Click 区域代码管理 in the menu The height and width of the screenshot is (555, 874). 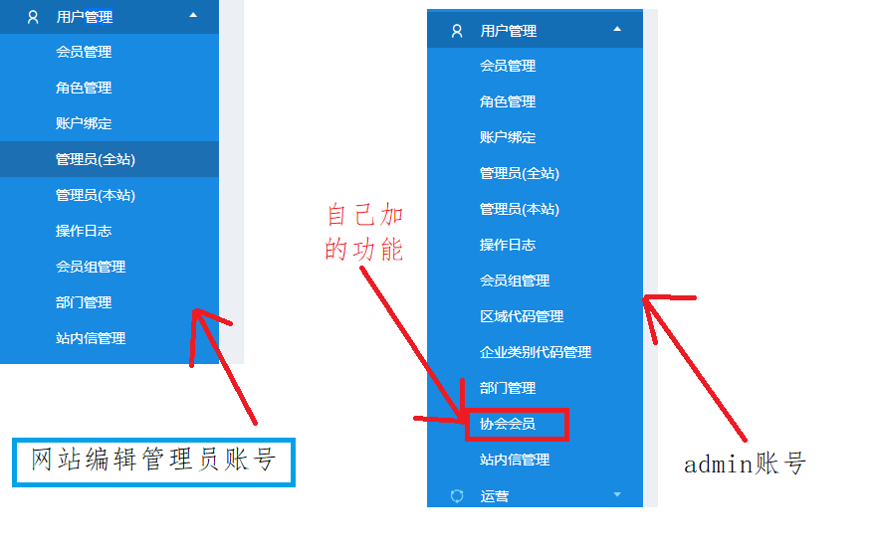pyautogui.click(x=522, y=316)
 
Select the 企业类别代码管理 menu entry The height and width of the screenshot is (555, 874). pyautogui.click(x=536, y=352)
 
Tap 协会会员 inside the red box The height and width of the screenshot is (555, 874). pyautogui.click(x=508, y=424)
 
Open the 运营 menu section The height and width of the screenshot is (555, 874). pyautogui.click(x=495, y=495)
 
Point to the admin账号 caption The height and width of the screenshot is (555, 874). pyautogui.click(x=744, y=463)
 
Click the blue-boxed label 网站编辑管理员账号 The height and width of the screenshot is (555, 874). pyautogui.click(x=153, y=461)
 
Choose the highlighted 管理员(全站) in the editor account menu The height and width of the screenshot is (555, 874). pyautogui.click(x=96, y=159)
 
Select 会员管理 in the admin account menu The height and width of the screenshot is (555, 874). pyautogui.click(x=508, y=66)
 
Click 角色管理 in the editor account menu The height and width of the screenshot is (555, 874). pyautogui.click(x=84, y=88)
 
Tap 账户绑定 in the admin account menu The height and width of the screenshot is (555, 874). pyautogui.click(x=508, y=137)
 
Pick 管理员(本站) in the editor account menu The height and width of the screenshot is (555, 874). pyautogui.click(x=96, y=195)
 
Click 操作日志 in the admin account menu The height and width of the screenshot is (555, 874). pyautogui.click(x=508, y=245)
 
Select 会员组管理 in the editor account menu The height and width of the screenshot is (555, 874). pyautogui.click(x=91, y=267)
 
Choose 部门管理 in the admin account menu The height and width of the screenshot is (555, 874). pyautogui.click(x=508, y=388)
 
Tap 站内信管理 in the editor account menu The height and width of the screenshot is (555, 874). pyautogui.click(x=91, y=338)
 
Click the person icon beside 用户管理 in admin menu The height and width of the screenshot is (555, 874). pyautogui.click(x=457, y=31)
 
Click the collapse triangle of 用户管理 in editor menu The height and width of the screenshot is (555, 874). pyautogui.click(x=193, y=15)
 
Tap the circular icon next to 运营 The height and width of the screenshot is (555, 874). pyautogui.click(x=457, y=495)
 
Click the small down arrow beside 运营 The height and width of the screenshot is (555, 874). pyautogui.click(x=617, y=494)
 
